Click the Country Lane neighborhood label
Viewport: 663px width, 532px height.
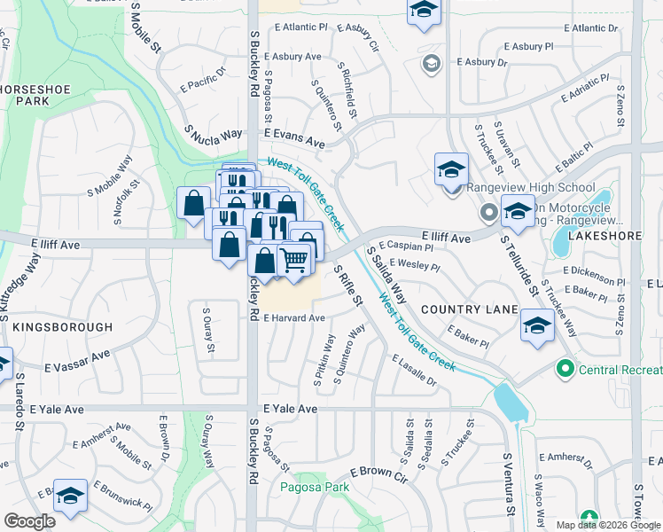[x=469, y=309]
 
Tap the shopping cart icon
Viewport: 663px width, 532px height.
[x=293, y=260]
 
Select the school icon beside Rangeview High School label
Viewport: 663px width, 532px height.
[x=451, y=169]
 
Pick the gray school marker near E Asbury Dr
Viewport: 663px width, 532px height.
[x=431, y=63]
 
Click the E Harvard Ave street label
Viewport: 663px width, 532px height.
[x=293, y=317]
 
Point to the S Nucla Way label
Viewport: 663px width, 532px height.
[x=214, y=134]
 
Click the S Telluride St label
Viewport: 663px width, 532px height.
[x=519, y=266]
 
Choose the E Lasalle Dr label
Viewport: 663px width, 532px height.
[x=413, y=370]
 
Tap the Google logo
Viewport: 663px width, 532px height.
[x=29, y=521]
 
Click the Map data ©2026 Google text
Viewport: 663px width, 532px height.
[x=608, y=525]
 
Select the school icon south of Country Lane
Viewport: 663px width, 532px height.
[x=536, y=325]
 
